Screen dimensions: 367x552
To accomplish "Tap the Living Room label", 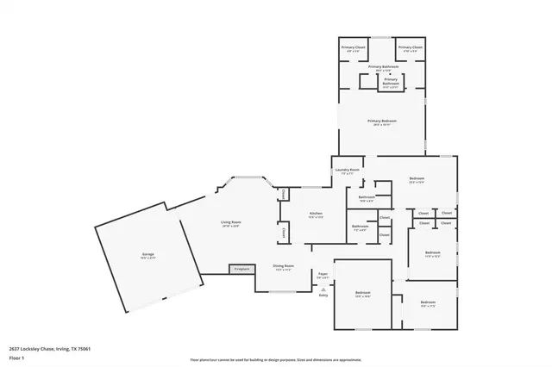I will click(230, 222).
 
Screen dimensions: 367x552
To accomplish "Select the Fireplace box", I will click(242, 270).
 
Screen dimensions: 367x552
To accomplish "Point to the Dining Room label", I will click(284, 265).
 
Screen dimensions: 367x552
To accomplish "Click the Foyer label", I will click(323, 274).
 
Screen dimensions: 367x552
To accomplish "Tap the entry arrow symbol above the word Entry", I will click(323, 289).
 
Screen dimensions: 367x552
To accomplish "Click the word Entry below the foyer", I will click(323, 295).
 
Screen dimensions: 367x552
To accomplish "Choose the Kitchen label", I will click(317, 214).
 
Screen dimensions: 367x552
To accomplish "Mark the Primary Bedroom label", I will click(381, 121).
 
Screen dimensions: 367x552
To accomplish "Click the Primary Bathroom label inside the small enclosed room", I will click(390, 83).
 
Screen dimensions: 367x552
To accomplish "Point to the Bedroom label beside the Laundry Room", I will click(417, 178).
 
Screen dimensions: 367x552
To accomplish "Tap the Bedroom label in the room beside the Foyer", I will click(362, 293).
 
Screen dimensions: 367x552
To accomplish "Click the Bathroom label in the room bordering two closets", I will click(360, 226).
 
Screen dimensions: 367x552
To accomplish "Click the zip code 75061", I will click(84, 348).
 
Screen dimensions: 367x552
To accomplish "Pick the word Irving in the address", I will click(63, 348).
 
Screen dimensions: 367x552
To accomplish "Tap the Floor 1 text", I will click(16, 357).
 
